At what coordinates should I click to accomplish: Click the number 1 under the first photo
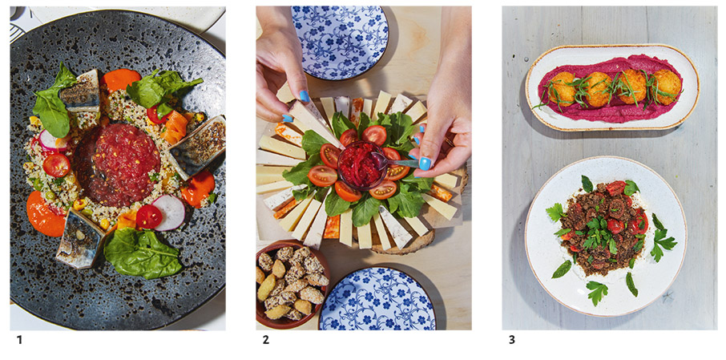click(x=19, y=340)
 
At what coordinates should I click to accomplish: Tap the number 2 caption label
click(x=265, y=340)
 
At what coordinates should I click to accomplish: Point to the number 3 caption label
click(x=511, y=340)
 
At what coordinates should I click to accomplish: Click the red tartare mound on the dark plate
click(x=116, y=164)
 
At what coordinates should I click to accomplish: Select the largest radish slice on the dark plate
click(x=170, y=212)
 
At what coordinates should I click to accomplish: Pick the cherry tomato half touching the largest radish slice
click(x=149, y=216)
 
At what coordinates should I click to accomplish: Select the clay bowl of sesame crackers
click(x=291, y=283)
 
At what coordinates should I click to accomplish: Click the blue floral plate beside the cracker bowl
click(x=377, y=299)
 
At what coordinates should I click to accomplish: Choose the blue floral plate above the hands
click(x=341, y=41)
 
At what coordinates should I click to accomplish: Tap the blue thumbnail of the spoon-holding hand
click(x=425, y=163)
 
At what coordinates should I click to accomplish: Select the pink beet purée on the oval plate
click(x=611, y=87)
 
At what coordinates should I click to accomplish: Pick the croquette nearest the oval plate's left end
click(x=563, y=89)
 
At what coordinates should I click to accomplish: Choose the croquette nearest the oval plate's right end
click(x=667, y=86)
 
